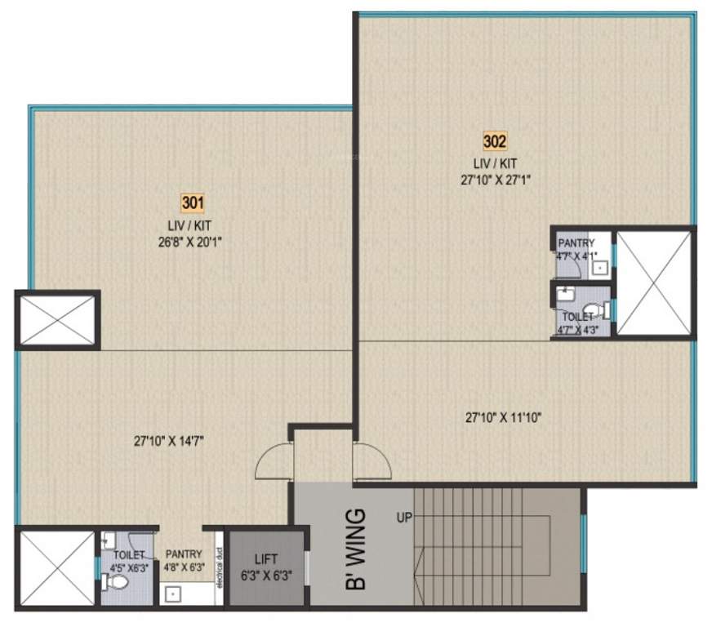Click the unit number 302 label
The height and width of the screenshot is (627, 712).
pos(495,142)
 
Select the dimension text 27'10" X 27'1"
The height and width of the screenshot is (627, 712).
pos(495,180)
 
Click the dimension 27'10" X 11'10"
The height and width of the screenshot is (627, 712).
pos(504,417)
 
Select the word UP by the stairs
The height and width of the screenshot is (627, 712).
pos(404,517)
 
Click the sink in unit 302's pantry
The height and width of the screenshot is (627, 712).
pos(600,266)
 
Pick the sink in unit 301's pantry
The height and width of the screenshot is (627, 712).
pos(173,594)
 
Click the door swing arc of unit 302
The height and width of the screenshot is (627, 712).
pos(372,461)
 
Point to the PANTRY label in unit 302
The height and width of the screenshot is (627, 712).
pos(576,242)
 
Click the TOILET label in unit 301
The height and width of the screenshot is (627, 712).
pos(128,555)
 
